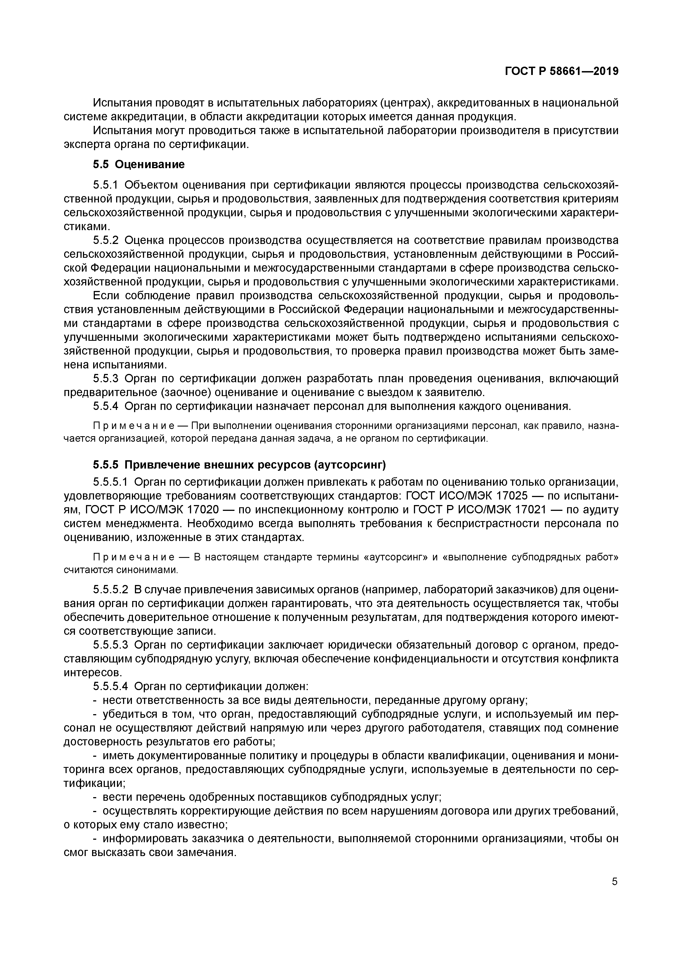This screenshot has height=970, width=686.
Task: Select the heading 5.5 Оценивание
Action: [139, 164]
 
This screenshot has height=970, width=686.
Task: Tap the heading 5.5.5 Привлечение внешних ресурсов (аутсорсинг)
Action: [239, 465]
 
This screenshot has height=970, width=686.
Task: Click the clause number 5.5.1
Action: [106, 185]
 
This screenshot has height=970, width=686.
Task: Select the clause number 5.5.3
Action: [106, 379]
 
